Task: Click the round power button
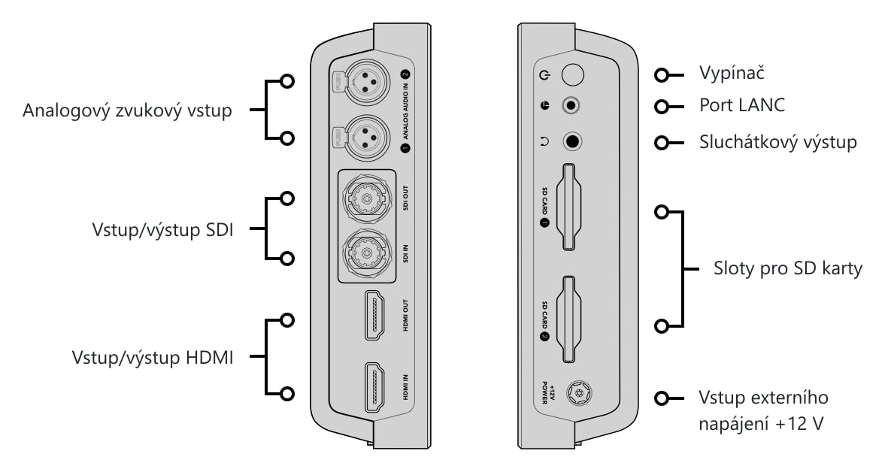pos(573,74)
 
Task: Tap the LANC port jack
pos(571,105)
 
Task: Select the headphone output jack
pos(572,141)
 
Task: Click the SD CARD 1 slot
pos(568,207)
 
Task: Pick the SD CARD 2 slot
pos(568,319)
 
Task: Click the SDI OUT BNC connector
pos(367,198)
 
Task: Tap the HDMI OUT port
pos(374,315)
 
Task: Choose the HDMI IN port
pos(374,387)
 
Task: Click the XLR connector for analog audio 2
pos(368,83)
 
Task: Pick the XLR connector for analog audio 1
pos(368,138)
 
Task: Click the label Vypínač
pos(732,73)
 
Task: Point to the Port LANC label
pos(741,105)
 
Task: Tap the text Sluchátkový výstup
pos(777,141)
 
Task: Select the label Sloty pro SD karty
pos(787,268)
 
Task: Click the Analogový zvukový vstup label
pos(127,110)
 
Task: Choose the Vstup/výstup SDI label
pos(162,229)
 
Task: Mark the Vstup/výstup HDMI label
pos(153,358)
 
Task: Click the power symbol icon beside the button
pos(544,75)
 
